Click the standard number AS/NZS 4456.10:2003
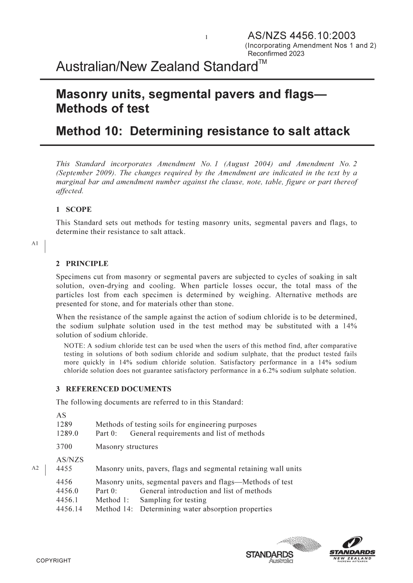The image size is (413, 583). tap(301, 36)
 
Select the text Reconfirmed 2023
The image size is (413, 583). tap(276, 54)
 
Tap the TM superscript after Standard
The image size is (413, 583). tap(262, 63)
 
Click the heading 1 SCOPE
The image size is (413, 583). tap(74, 210)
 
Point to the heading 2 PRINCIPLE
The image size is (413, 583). tap(82, 264)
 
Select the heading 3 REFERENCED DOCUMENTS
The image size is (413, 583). tap(113, 389)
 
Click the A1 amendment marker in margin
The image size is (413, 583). tap(35, 244)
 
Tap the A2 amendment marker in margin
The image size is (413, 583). tap(35, 468)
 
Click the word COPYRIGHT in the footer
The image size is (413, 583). tap(53, 560)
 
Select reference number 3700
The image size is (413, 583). tap(64, 447)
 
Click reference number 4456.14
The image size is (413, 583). tap(69, 509)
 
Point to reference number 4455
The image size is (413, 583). tap(64, 469)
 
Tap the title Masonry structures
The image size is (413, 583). tap(127, 447)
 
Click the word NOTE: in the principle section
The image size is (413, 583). tap(74, 346)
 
